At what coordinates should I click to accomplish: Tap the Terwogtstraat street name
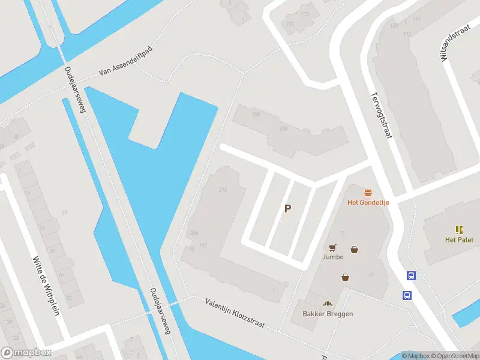pos(381,115)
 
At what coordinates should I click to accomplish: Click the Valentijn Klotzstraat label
pos(242,314)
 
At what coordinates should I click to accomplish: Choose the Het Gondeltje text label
pos(368,202)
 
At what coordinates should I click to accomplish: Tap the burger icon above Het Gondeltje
pos(368,192)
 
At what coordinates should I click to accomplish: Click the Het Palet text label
pos(459,240)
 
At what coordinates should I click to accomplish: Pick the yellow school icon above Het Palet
pos(459,230)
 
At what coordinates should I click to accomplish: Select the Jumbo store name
pos(332,257)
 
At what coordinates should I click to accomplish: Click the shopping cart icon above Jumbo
pos(332,247)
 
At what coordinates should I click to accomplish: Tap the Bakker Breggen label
pos(328,314)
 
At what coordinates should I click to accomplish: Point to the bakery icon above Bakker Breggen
pos(328,304)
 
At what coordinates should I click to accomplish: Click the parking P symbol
pos(288,209)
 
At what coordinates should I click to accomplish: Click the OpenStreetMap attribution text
pos(455,356)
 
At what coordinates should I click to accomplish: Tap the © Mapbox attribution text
pos(415,356)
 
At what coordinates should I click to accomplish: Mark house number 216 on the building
pos(223,190)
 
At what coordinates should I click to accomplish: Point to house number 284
pos(194,233)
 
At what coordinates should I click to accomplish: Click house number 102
pos(203,245)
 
